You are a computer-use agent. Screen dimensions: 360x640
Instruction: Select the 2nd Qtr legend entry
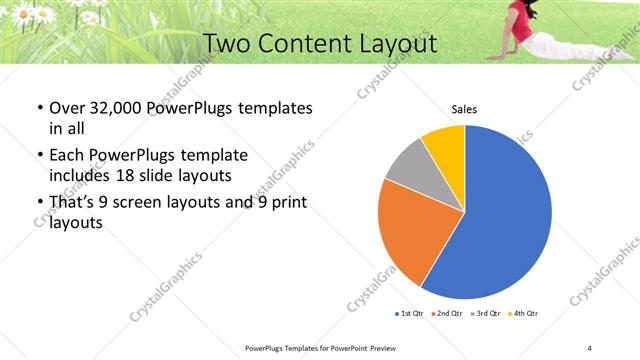(446, 314)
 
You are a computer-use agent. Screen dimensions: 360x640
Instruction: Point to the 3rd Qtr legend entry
(483, 314)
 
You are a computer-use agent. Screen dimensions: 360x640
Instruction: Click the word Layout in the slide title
(391, 44)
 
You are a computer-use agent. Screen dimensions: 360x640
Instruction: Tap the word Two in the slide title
(228, 44)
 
